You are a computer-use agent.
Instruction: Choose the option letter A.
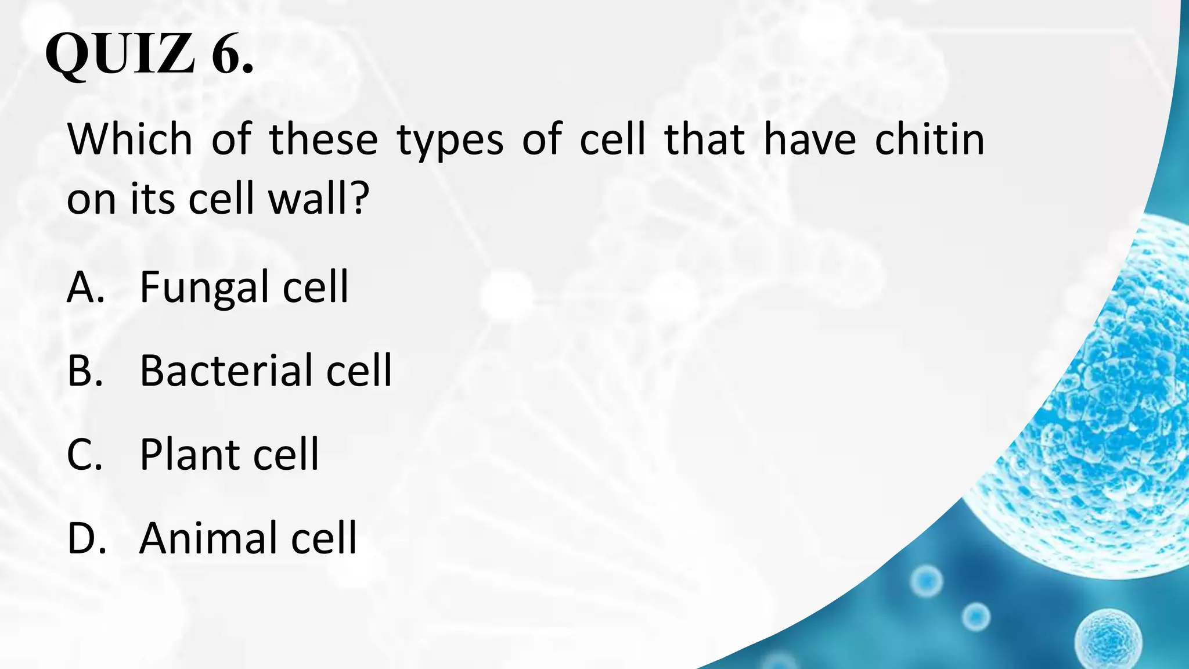(x=85, y=287)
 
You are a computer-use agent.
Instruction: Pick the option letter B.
(x=85, y=371)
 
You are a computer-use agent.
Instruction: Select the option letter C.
(x=85, y=454)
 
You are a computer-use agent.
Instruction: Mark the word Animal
(x=206, y=538)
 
